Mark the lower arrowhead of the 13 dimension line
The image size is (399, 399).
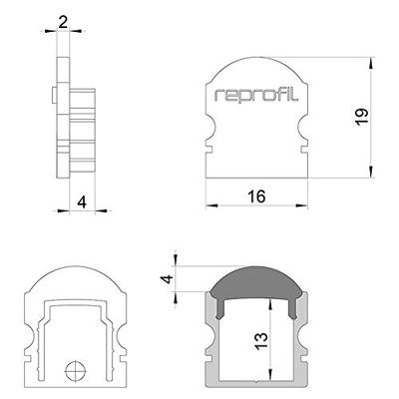271,379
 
